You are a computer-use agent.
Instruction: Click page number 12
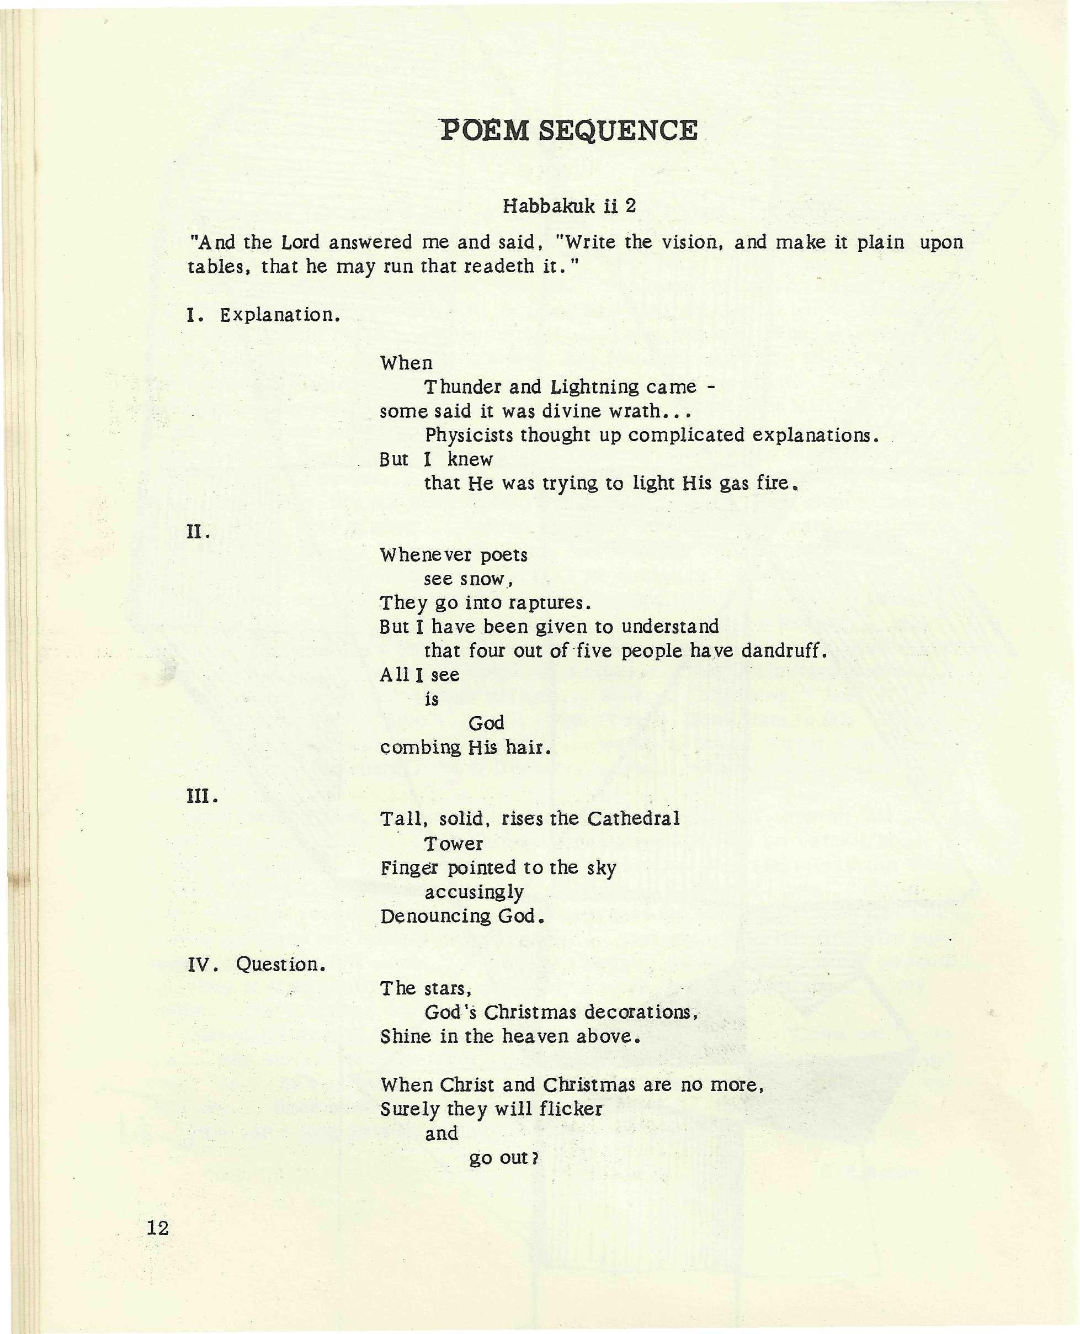[x=158, y=1227]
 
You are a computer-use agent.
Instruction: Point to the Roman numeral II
[x=198, y=533]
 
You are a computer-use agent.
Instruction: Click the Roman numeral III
[x=201, y=797]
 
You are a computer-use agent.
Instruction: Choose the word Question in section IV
[x=280, y=965]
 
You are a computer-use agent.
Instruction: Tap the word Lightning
[x=595, y=387]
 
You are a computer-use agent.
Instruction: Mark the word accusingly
[x=474, y=892]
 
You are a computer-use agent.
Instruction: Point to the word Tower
[x=454, y=844]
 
